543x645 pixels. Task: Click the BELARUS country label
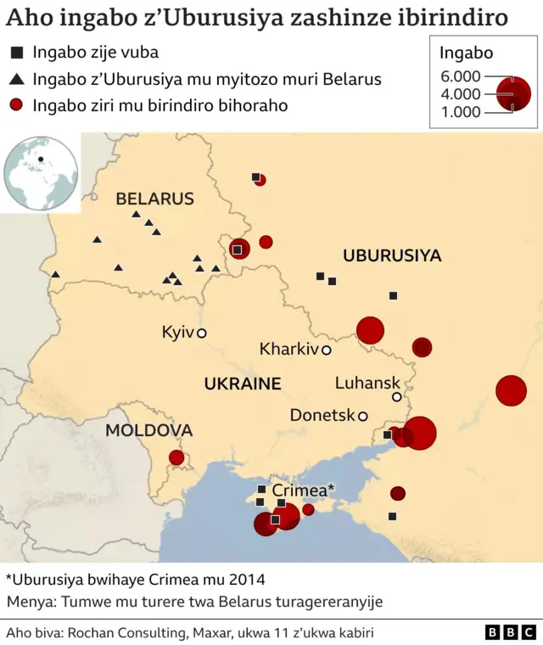(154, 199)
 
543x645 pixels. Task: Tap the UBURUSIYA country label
(392, 255)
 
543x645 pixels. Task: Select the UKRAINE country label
(242, 384)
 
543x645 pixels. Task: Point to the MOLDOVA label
(148, 430)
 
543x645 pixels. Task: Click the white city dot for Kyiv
(202, 334)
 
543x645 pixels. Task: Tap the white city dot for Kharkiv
(326, 350)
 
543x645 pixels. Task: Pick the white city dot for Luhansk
(396, 397)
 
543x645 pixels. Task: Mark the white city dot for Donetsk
(362, 416)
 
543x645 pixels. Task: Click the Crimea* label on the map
(303, 490)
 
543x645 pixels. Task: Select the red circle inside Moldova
(176, 458)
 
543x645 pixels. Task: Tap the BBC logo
(510, 632)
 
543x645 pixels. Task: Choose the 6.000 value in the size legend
(460, 76)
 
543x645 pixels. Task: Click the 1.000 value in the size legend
(460, 112)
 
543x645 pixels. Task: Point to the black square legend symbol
(16, 53)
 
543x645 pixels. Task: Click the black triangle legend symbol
(16, 79)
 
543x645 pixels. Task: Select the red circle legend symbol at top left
(16, 105)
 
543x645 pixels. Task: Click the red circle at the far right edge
(511, 390)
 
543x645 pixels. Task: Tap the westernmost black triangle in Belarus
(56, 274)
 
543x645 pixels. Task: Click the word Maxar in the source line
(198, 632)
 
